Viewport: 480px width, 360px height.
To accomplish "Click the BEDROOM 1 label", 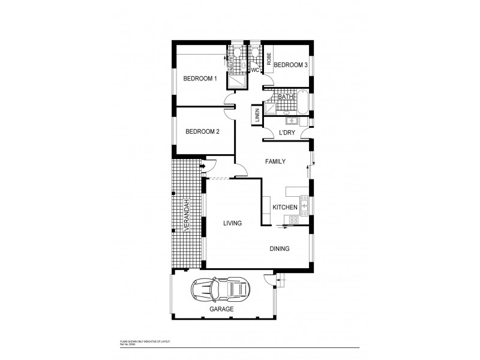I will point(200,78).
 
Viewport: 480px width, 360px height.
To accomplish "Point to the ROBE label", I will point(269,59).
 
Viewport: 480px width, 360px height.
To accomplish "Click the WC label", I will point(255,70).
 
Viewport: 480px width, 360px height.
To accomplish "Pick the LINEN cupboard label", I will point(257,116).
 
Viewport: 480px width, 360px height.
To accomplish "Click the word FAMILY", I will point(275,161).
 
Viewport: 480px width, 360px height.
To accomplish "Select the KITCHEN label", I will point(285,207).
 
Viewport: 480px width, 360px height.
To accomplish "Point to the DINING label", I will point(279,248).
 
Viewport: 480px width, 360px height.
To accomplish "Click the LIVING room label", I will point(232,223).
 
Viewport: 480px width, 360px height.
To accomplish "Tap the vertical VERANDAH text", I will point(187,215).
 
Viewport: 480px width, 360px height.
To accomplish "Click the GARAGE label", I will point(221,309).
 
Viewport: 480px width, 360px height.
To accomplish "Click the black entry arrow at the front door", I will point(203,166).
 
